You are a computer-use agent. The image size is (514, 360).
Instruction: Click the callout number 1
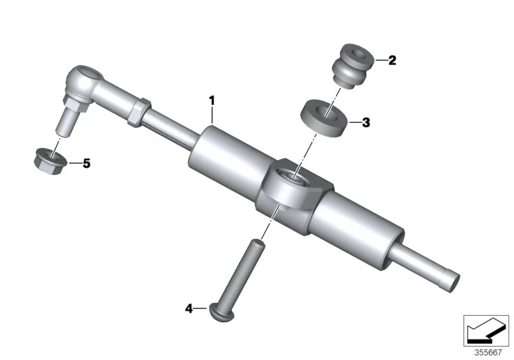(212, 101)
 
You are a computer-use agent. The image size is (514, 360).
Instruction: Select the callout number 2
(392, 60)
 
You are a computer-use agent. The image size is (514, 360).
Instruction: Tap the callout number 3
(366, 123)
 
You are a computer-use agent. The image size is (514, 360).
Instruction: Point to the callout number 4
(189, 309)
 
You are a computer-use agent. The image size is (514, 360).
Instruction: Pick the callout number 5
(87, 163)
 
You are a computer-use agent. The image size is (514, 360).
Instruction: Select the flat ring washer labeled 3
(324, 118)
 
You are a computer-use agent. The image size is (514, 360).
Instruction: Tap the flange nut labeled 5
(50, 161)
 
